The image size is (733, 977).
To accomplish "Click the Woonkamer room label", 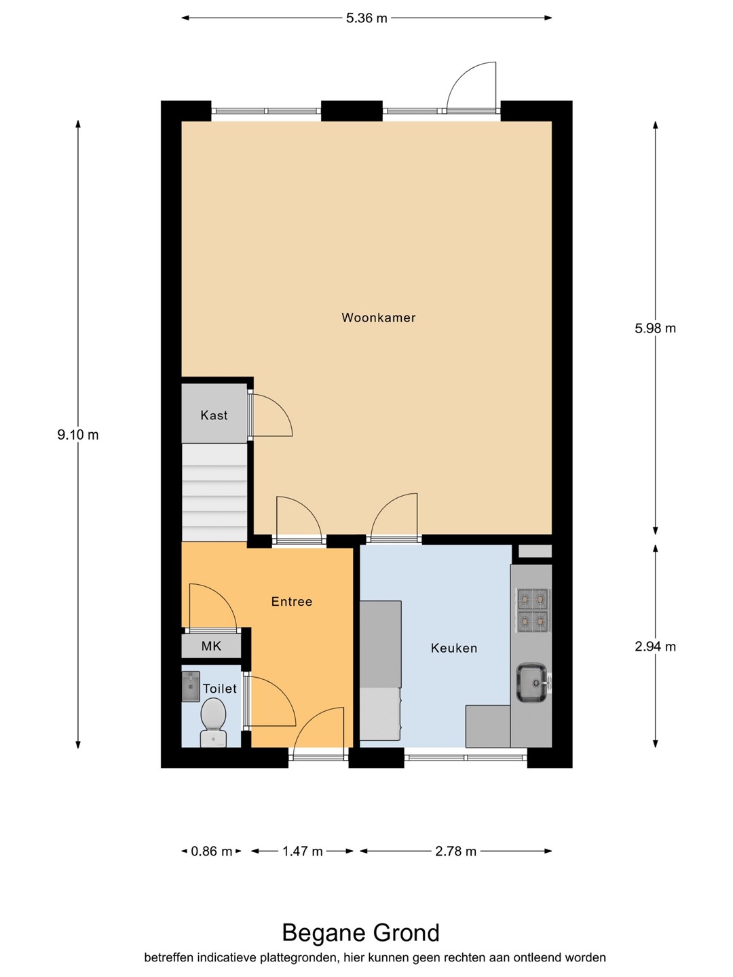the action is [378, 318].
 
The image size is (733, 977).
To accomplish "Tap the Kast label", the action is [214, 415].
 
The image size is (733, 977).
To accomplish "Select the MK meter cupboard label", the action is [211, 646].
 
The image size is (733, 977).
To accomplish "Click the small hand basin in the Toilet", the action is [191, 687].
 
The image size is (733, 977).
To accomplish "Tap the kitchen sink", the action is [532, 683].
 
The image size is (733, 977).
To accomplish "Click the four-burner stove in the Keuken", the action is [532, 610].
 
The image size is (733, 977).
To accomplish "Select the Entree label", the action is [292, 602].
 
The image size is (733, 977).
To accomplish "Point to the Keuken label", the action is [454, 648].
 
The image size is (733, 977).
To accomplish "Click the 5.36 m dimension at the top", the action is [366, 18].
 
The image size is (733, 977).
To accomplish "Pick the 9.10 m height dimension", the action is [78, 435].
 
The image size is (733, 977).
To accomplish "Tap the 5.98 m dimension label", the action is [655, 328].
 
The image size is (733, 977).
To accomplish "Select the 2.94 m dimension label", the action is [655, 647].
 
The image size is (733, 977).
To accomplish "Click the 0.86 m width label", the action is [211, 851].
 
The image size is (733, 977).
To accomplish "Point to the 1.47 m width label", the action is [303, 851].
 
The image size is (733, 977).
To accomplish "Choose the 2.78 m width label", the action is [455, 851].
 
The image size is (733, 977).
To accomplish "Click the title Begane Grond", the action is [361, 933].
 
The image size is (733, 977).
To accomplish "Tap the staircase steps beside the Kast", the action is [214, 493].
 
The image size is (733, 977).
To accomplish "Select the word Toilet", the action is [220, 689].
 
